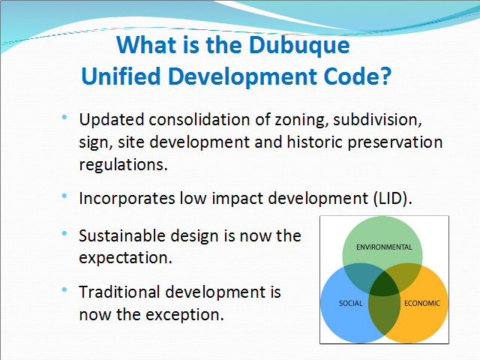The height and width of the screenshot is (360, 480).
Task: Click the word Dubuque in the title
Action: tap(299, 46)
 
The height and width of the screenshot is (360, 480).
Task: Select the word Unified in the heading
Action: tap(121, 76)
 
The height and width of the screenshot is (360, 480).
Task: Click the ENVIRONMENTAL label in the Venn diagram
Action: tap(384, 247)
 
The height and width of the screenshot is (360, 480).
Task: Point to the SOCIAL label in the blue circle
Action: tap(351, 303)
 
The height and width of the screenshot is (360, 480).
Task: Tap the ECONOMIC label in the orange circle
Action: tap(422, 303)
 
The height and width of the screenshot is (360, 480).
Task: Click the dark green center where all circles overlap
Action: tap(384, 283)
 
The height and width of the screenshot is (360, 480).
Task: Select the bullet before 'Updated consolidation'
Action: tap(64, 117)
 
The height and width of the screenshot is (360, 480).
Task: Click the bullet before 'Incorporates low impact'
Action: tap(64, 196)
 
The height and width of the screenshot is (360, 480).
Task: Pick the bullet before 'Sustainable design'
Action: tap(64, 233)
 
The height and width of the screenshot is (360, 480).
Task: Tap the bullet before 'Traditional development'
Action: tap(64, 289)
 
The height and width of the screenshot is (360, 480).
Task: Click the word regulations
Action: tap(123, 165)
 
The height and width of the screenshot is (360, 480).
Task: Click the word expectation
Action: tap(125, 258)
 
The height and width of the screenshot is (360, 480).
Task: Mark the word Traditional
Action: tap(119, 292)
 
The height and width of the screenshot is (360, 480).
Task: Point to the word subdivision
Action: tap(377, 120)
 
